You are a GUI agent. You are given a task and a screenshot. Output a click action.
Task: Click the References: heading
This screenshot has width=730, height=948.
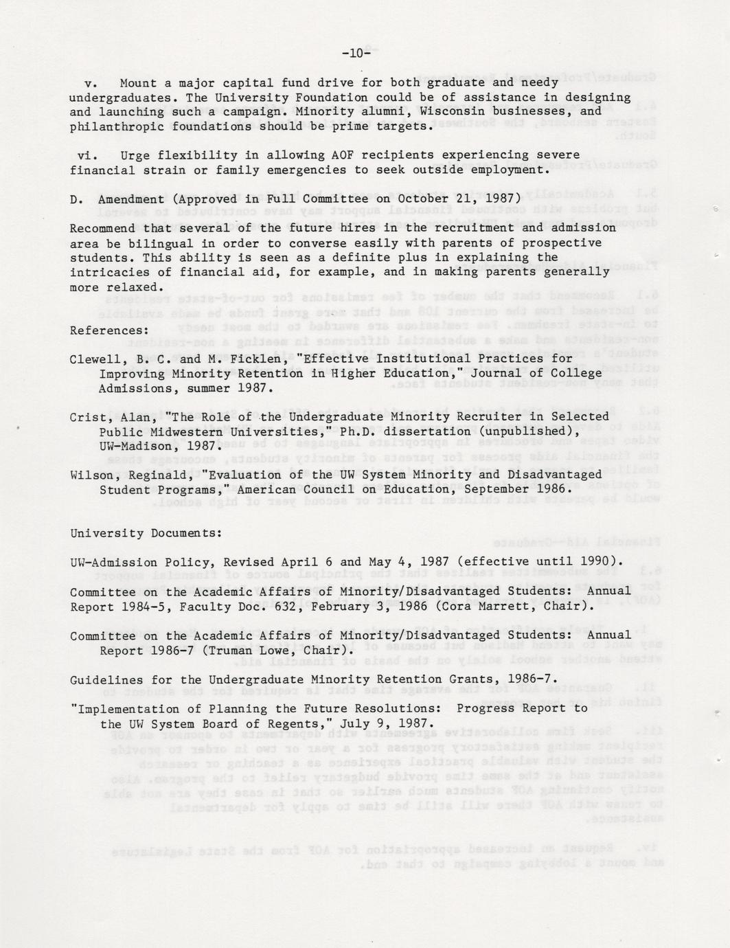click(x=109, y=330)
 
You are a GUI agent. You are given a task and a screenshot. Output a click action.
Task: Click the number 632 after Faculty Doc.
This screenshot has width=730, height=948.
click(x=285, y=607)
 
